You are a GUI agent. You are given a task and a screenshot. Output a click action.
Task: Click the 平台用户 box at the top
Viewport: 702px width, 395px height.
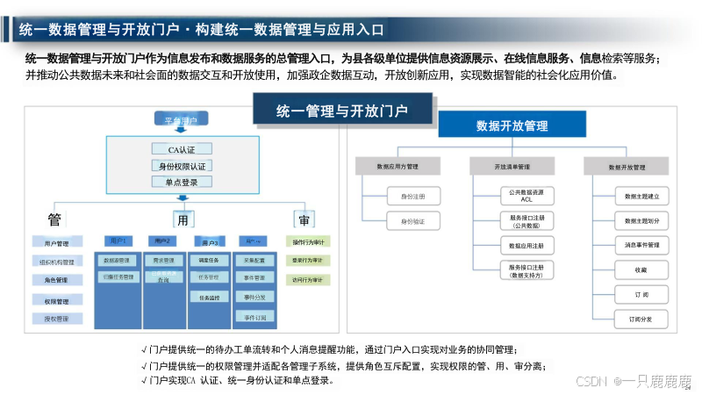181,118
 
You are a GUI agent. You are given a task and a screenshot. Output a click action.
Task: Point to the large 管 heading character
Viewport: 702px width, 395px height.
54,219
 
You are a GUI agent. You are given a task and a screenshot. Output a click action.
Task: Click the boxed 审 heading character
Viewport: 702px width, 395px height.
304,219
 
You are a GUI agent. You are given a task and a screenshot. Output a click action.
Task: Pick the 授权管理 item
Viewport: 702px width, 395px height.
57,319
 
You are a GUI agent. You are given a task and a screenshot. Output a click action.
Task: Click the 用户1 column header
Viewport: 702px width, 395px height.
117,241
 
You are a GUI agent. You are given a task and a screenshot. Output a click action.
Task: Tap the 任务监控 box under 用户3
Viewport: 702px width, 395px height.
209,298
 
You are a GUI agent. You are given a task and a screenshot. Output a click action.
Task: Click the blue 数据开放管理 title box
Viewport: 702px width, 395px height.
512,126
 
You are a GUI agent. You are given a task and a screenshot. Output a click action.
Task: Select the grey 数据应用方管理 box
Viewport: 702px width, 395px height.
398,166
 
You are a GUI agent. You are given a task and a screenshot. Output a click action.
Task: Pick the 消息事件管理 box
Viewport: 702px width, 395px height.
641,244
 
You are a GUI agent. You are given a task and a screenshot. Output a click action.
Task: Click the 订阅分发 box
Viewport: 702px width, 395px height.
641,319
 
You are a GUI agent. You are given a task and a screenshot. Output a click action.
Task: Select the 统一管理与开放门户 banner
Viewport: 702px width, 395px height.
342,111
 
